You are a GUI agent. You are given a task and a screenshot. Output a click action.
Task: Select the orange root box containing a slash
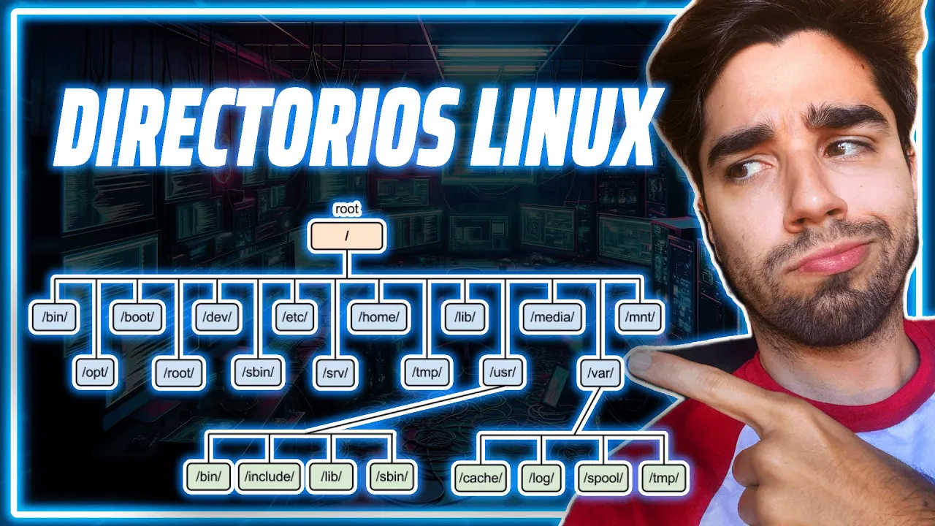[346, 236]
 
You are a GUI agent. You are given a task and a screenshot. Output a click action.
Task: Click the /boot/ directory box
[137, 317]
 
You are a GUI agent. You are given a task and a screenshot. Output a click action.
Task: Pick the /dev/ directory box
[217, 317]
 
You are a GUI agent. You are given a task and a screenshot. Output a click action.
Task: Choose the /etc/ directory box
[294, 317]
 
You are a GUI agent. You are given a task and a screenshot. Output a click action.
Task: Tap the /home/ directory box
[378, 317]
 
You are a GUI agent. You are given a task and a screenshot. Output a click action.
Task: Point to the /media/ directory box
[552, 317]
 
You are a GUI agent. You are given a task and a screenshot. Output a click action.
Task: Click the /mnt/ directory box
[639, 317]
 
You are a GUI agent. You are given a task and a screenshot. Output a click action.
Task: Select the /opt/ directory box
[95, 372]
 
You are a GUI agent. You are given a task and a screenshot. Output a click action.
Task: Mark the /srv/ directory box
[335, 372]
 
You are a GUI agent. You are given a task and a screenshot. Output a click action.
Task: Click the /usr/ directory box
[503, 372]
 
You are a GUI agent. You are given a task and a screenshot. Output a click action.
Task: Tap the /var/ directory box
[600, 372]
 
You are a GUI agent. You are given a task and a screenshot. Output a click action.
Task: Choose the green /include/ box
[270, 476]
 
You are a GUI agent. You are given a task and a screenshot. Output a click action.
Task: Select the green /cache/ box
[481, 478]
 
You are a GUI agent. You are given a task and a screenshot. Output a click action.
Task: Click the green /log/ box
[541, 478]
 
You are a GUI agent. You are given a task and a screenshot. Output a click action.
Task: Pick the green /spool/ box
[603, 478]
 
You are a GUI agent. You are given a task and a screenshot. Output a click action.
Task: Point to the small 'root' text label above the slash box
[346, 209]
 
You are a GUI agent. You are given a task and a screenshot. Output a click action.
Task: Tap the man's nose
[812, 197]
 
